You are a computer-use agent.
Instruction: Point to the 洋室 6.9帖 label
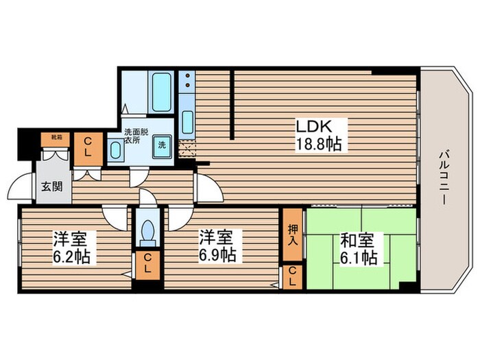pos(217,248)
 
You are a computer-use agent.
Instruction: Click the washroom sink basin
pos(116,152)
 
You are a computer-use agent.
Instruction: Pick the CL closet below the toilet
pos(146,265)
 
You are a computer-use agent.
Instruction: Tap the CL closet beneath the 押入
pos(293,277)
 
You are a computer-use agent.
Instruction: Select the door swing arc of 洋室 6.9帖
pos(179,218)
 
